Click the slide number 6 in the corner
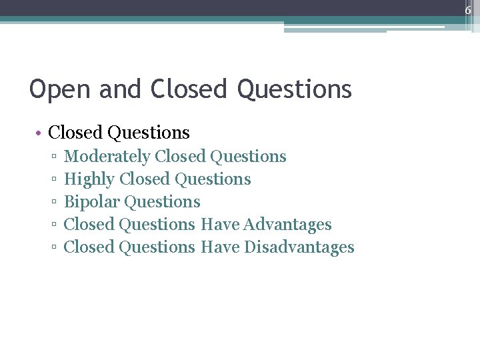coord(468,10)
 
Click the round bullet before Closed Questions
coord(40,133)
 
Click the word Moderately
coord(107,157)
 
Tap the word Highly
coord(89,179)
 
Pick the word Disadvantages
coord(299,247)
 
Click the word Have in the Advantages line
coord(219,225)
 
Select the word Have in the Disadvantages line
coord(219,247)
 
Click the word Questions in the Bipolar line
coord(162,202)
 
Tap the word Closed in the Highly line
coord(144,179)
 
